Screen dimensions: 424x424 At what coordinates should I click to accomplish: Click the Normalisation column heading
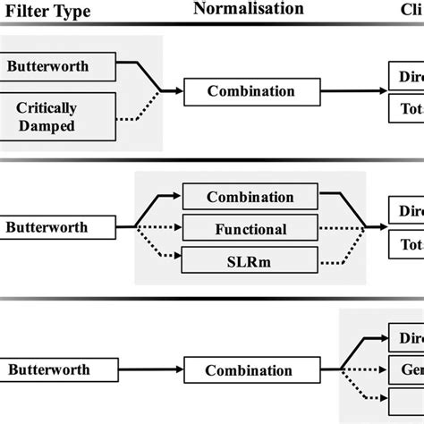tap(248, 10)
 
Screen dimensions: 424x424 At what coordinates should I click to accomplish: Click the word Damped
tap(60, 125)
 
